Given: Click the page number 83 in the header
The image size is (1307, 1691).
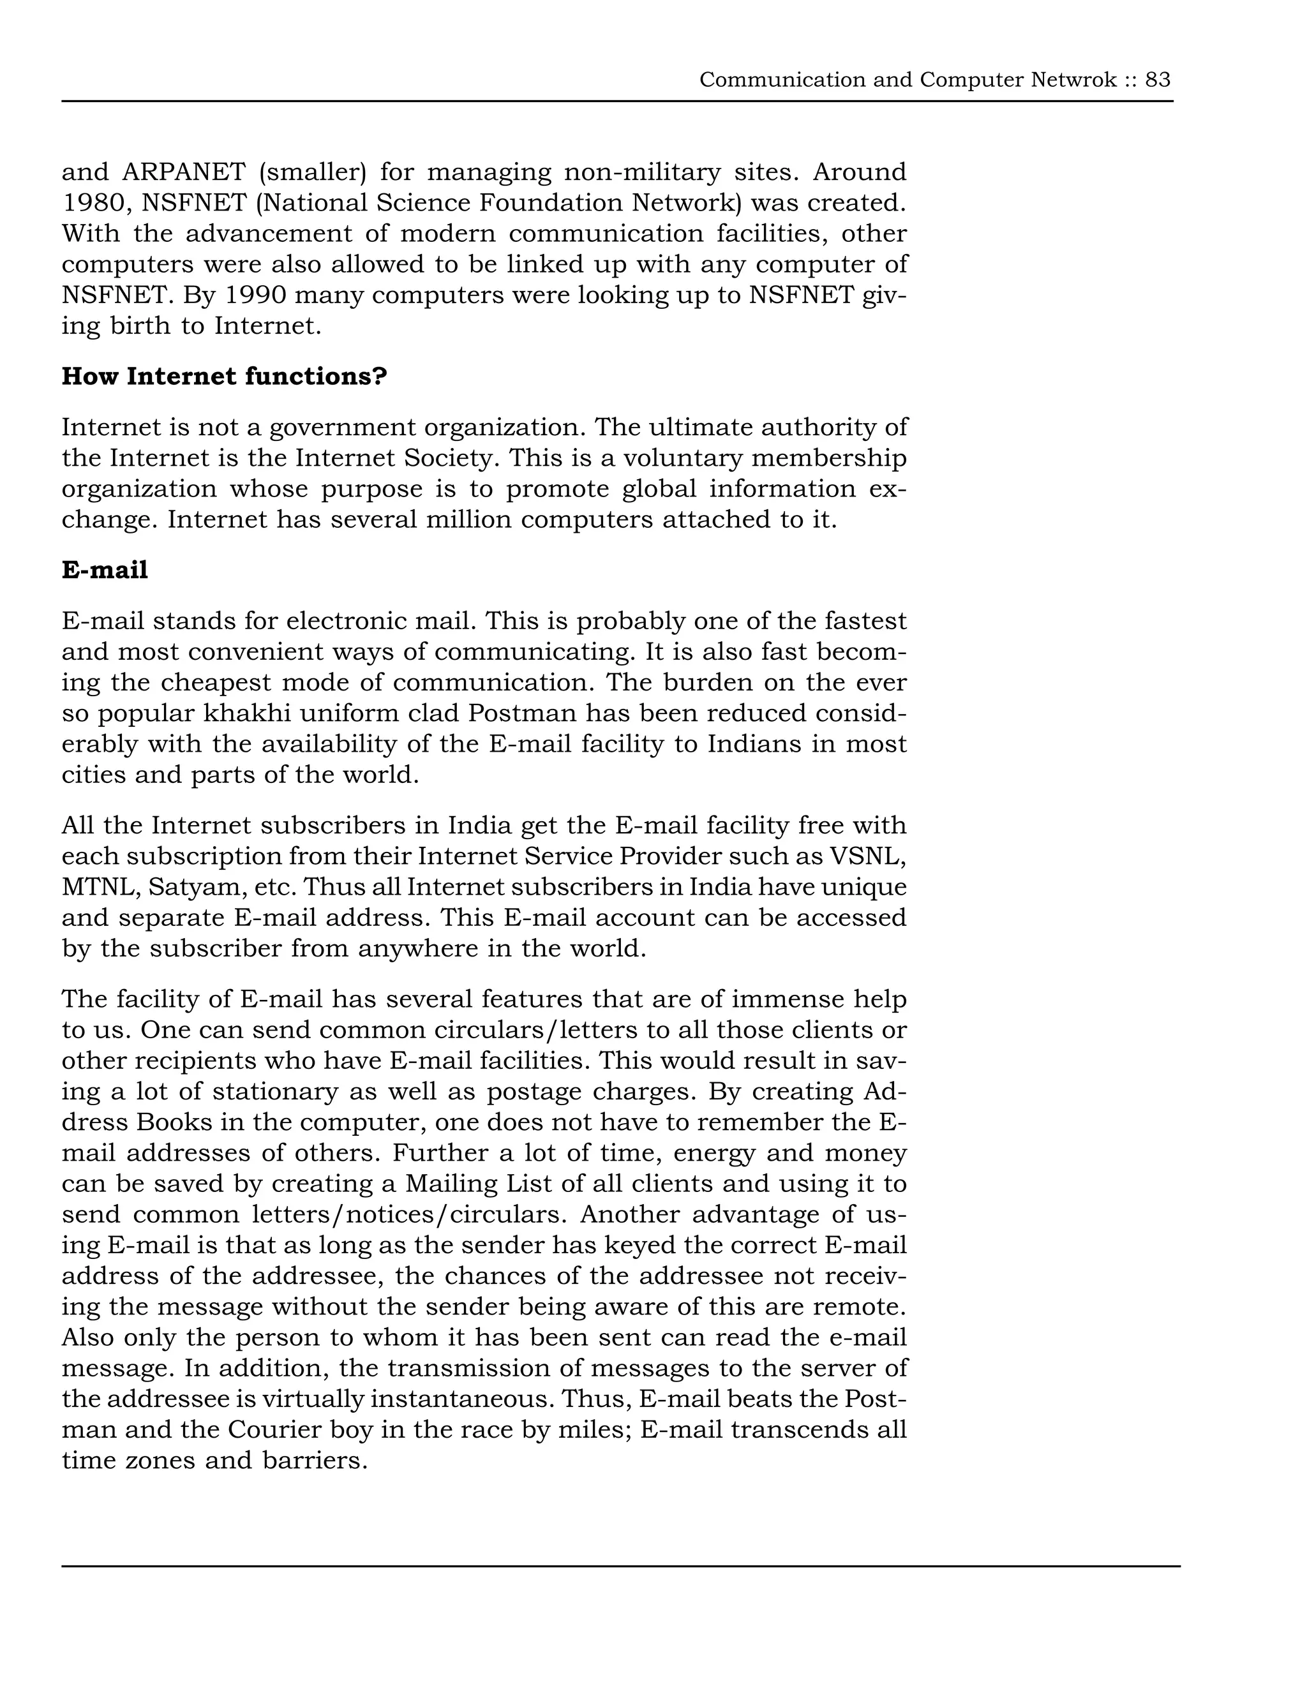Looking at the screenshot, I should [1158, 80].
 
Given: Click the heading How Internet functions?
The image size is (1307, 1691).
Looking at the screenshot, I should [224, 376].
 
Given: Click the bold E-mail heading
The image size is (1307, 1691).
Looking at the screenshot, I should [105, 570].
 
